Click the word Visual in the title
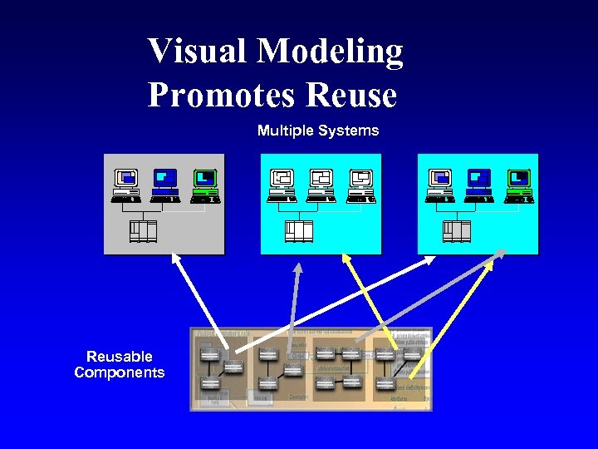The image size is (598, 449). click(x=198, y=52)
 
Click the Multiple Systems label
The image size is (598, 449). click(x=317, y=131)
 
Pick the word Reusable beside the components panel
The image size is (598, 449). click(x=120, y=357)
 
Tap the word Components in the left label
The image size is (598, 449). click(x=120, y=373)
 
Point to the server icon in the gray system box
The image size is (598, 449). click(x=142, y=230)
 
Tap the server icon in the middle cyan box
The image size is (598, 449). click(x=299, y=230)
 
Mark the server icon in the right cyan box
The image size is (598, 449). click(x=457, y=230)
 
